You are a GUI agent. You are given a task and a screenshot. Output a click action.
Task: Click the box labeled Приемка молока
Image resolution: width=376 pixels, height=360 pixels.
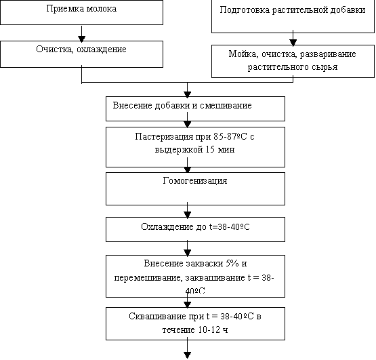click(x=81, y=12)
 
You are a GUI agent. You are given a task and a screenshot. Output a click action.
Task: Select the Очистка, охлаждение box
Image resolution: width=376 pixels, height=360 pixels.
click(x=81, y=54)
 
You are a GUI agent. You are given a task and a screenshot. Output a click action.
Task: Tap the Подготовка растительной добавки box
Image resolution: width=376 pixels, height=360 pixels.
click(x=293, y=16)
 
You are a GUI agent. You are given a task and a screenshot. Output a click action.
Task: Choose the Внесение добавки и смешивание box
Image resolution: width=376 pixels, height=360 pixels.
click(x=195, y=108)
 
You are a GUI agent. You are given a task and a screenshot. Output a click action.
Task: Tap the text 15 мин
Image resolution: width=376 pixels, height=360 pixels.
click(x=220, y=150)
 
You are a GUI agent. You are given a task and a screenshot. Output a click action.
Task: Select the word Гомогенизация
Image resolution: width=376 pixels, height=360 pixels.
click(x=195, y=180)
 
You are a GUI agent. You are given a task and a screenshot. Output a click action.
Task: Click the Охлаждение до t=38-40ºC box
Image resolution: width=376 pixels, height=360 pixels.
click(x=195, y=229)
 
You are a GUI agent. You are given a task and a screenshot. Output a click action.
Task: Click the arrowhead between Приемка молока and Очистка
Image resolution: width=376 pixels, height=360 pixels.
click(x=82, y=39)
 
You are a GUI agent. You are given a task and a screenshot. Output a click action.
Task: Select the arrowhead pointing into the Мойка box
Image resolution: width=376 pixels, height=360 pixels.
click(x=293, y=43)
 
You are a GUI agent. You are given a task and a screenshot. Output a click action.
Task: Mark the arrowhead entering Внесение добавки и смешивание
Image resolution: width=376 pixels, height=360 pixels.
click(x=187, y=94)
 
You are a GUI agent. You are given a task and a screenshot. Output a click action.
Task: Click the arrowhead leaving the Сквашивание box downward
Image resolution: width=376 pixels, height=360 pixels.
click(x=187, y=355)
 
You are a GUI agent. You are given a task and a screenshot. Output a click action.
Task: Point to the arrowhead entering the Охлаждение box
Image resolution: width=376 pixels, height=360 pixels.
click(x=187, y=215)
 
